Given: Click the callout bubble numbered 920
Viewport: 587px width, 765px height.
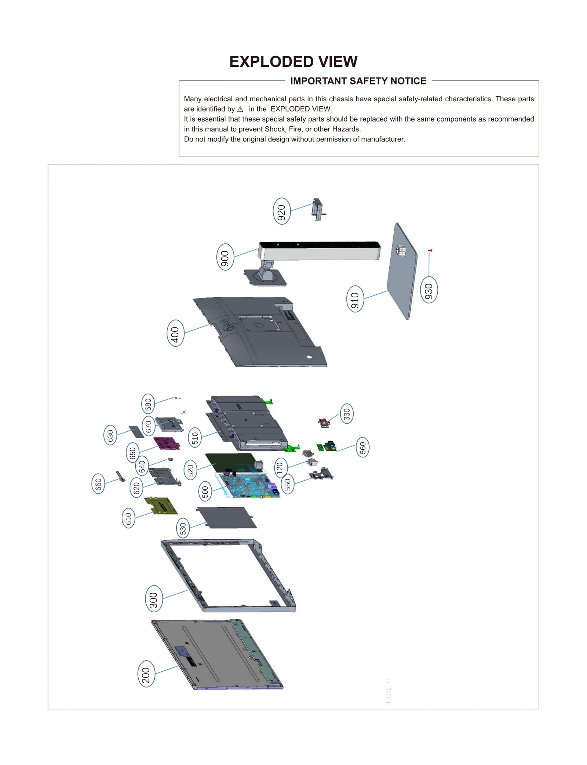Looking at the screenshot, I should [281, 211].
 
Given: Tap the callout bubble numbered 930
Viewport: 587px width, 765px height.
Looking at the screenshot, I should [429, 290].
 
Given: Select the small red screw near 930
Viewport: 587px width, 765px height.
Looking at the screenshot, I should [430, 250].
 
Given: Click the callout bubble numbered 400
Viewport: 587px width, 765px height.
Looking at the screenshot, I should [175, 333].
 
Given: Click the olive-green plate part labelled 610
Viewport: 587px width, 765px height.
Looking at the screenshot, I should [161, 505].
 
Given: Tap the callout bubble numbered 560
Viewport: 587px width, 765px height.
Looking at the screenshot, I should [362, 447].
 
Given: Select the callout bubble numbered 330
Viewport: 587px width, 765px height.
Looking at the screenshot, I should [347, 414].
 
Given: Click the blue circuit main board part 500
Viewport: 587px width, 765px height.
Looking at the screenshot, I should [249, 485].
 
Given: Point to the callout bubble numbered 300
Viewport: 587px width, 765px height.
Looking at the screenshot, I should [154, 598].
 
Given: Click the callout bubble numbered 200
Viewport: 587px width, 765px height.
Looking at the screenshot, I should [146, 674].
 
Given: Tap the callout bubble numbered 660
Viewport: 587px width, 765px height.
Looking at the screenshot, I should [98, 484].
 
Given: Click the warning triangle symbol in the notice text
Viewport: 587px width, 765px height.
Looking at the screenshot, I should [240, 109].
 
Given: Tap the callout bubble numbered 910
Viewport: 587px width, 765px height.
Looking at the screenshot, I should [355, 299].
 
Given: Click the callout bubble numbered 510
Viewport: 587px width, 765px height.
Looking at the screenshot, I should [195, 438].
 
